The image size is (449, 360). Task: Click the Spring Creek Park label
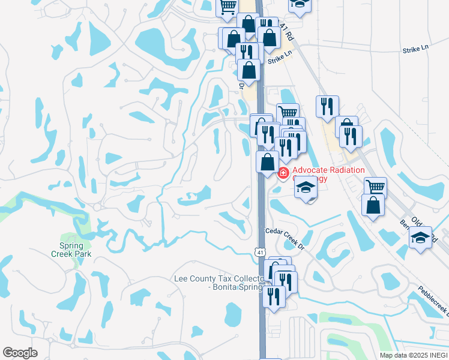tap(76, 250)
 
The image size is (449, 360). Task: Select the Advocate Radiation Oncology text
tap(328, 174)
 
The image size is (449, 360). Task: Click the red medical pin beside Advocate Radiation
tap(283, 173)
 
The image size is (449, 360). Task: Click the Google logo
tap(20, 353)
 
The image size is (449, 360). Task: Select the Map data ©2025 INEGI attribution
tap(413, 355)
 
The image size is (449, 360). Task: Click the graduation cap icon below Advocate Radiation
tap(306, 188)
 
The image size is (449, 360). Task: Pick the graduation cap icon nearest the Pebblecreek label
tap(421, 236)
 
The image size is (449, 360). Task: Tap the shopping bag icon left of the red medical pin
tap(267, 162)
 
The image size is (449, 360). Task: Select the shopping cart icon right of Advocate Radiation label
tap(375, 187)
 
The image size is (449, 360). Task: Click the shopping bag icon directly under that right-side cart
tap(373, 205)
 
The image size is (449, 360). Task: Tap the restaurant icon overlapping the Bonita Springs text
tap(274, 296)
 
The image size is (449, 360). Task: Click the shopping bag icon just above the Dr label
tap(249, 70)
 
